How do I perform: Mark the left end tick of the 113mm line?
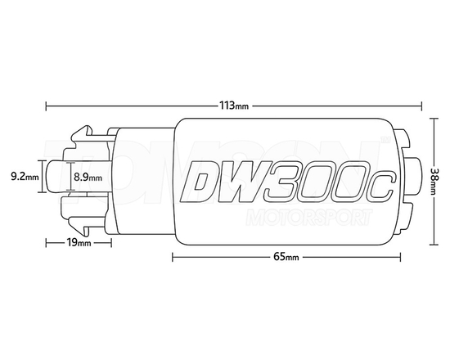pyautogui.click(x=46, y=106)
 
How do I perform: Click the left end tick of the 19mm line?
pyautogui.click(x=46, y=243)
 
